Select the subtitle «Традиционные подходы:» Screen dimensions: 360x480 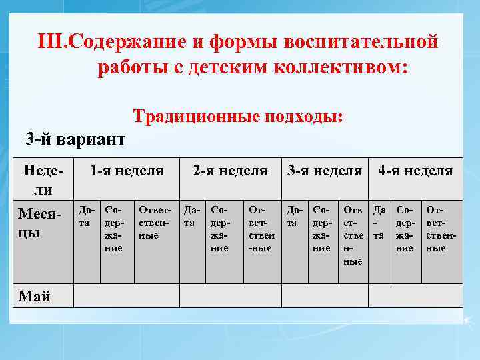(x=239, y=116)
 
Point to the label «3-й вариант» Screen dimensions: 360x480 (x=75, y=139)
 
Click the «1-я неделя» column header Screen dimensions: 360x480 (x=127, y=171)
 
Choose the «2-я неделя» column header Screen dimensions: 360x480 (x=230, y=171)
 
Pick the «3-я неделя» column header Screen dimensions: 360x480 (x=325, y=171)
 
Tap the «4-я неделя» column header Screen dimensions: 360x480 (x=415, y=171)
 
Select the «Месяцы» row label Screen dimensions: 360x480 (x=39, y=224)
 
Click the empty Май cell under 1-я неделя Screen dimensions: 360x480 (x=126, y=295)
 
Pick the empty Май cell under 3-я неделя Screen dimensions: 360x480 (x=325, y=295)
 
